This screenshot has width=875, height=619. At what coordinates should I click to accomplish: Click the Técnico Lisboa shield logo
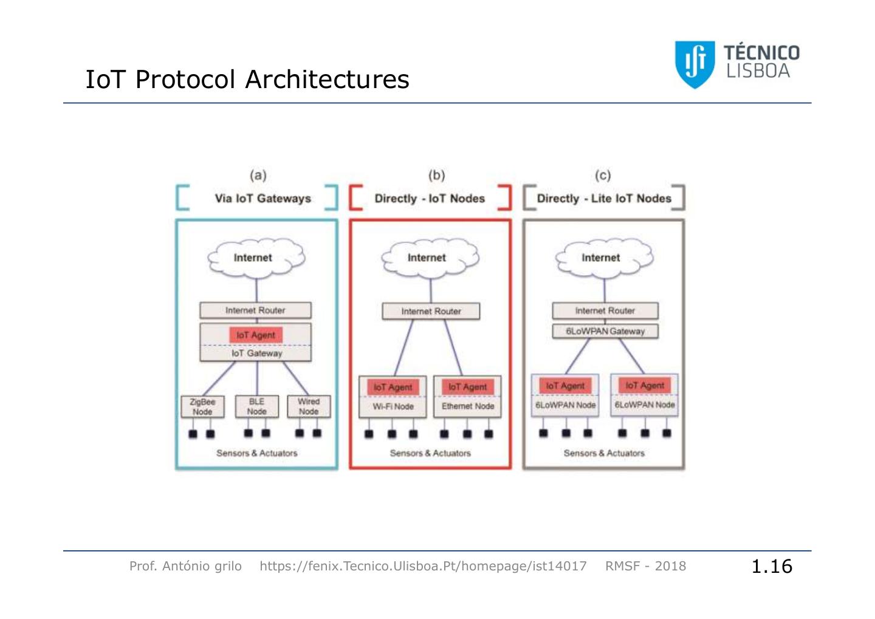[x=694, y=64]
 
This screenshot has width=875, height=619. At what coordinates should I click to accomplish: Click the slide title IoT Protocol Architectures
[x=247, y=80]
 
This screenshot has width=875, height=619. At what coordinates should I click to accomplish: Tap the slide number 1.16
[x=772, y=566]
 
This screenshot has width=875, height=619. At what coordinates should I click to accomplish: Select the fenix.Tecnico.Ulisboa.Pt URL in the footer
[x=423, y=566]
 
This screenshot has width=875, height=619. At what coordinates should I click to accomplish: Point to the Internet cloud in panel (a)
[x=255, y=258]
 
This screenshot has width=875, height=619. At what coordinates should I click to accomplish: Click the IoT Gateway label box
[x=256, y=353]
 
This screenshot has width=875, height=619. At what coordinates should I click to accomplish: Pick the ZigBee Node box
[x=202, y=406]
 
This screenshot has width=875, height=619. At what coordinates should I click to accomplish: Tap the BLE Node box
[x=256, y=406]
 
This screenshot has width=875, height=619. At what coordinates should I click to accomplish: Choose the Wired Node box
[x=309, y=406]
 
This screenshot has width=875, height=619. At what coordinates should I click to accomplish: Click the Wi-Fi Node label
[x=393, y=406]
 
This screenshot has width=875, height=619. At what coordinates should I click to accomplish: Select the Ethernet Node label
[x=467, y=406]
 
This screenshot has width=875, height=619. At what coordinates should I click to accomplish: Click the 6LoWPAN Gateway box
[x=605, y=331]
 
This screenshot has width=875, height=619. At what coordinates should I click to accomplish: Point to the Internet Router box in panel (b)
[x=431, y=311]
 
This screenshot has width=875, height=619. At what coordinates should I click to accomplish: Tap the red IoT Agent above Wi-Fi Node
[x=393, y=387]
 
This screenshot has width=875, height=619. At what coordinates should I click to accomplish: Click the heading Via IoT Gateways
[x=262, y=199]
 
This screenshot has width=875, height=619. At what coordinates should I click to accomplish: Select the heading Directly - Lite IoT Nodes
[x=604, y=199]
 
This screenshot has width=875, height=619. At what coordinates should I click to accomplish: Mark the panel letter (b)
[x=436, y=176]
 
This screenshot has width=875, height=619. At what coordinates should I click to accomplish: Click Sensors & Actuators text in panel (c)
[x=604, y=453]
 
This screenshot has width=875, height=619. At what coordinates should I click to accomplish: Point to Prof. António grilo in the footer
[x=185, y=566]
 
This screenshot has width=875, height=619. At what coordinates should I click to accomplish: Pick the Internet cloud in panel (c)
[x=602, y=258]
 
